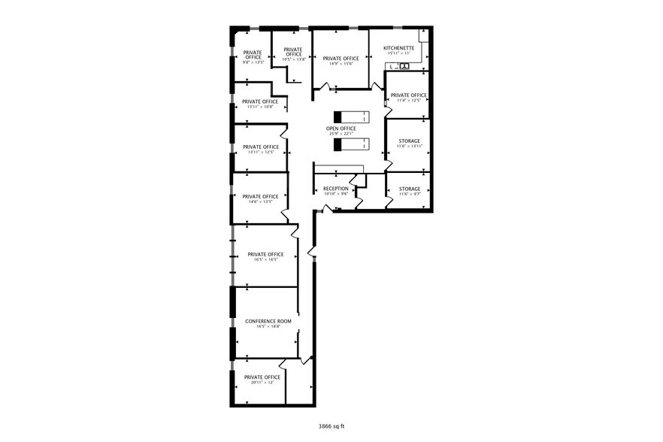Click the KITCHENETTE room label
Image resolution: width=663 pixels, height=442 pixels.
[x=398, y=47]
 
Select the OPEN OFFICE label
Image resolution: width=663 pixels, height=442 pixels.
[x=341, y=129]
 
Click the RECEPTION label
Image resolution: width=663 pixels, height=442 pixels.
[x=335, y=188]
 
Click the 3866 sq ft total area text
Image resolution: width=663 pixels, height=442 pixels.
[x=331, y=425]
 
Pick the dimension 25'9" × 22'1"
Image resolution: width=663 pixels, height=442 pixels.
[x=341, y=135]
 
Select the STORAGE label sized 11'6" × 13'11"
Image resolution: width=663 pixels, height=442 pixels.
[x=409, y=141]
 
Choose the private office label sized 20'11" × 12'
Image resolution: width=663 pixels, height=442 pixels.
[x=262, y=377]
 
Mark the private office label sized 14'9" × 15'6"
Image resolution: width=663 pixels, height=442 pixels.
[x=341, y=58]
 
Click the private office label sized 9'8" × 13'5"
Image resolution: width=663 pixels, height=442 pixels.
[x=252, y=55]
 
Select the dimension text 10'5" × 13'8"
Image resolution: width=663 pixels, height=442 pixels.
[x=292, y=59]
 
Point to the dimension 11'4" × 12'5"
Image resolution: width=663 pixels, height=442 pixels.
[x=409, y=101]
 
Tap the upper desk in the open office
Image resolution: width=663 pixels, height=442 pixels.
[x=352, y=117]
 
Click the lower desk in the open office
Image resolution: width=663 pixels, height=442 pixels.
[x=352, y=144]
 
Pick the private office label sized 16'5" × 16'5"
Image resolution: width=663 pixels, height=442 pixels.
[x=265, y=254]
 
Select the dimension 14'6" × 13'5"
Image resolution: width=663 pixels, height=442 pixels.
[x=260, y=201]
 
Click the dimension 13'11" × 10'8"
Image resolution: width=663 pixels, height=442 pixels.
[x=260, y=107]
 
